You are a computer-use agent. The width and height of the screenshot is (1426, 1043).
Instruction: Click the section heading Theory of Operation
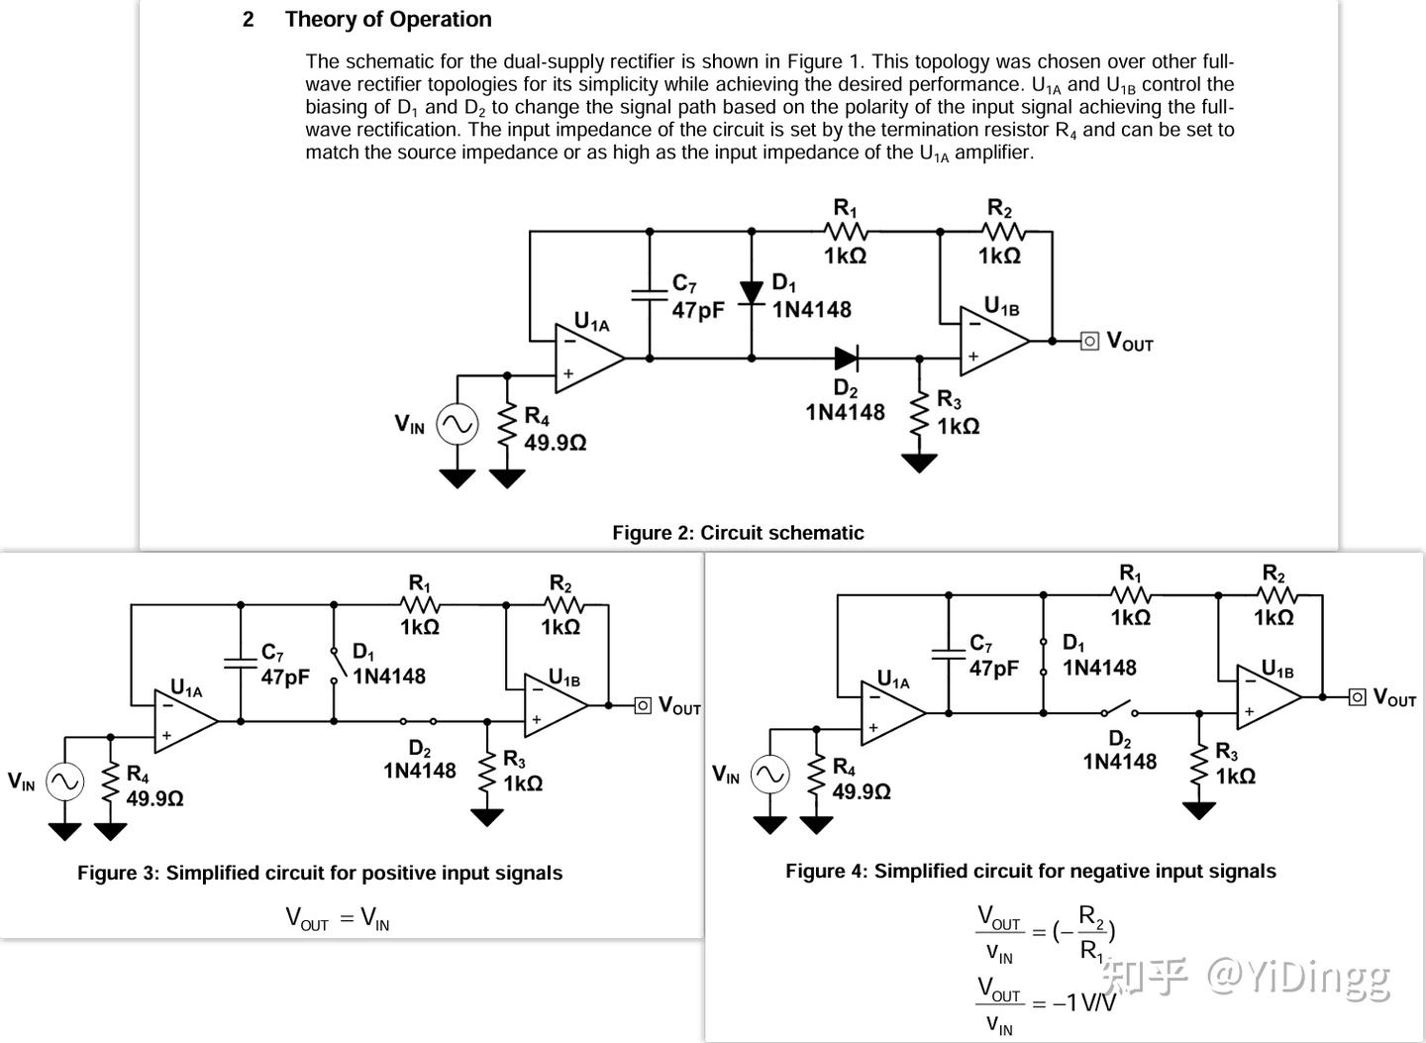(387, 20)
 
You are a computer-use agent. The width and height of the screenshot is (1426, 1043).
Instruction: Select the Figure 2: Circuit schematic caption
(738, 533)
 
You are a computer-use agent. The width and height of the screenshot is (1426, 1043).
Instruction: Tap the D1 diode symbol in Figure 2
(752, 292)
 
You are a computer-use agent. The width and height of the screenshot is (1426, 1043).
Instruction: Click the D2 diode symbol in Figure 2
(846, 358)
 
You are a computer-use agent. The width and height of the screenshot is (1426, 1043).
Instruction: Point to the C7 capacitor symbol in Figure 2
(650, 293)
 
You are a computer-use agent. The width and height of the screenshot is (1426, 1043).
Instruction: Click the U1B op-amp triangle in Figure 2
(992, 340)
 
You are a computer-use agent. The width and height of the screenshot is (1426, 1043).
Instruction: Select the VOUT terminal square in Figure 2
(1089, 341)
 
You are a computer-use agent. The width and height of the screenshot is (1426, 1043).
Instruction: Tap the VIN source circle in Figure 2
(458, 425)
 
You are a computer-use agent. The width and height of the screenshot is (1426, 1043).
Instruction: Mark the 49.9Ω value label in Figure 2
(555, 443)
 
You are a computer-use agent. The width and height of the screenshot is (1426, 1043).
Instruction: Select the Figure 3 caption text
(320, 873)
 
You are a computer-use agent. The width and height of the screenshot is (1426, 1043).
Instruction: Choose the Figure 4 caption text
(1030, 871)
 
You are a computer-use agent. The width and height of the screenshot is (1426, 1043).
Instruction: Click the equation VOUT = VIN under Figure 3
(337, 919)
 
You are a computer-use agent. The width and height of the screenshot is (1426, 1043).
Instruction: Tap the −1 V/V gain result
(1083, 1003)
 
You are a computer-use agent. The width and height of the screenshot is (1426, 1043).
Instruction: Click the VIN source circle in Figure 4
(769, 775)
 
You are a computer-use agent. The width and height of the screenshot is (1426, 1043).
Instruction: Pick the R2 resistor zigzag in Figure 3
(560, 604)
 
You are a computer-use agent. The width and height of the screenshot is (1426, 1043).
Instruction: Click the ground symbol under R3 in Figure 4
(1198, 809)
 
